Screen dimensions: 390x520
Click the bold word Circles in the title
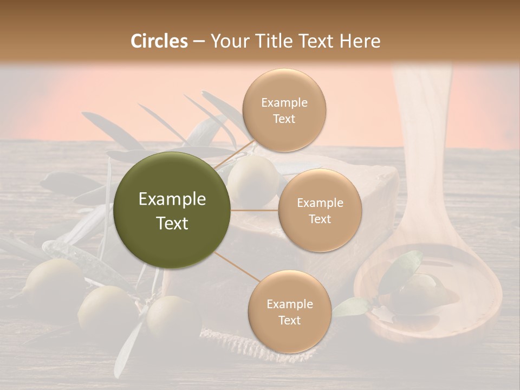159,41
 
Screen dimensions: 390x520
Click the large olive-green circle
172,210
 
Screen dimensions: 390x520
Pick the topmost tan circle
284,110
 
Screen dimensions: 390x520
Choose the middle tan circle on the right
320,210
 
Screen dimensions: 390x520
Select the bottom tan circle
289,311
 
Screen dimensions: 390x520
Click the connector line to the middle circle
255,210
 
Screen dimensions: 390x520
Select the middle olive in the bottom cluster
103,309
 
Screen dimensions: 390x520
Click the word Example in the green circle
172,199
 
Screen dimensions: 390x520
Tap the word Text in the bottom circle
289,320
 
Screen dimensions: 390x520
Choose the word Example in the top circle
284,102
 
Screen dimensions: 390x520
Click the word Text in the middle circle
320,219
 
